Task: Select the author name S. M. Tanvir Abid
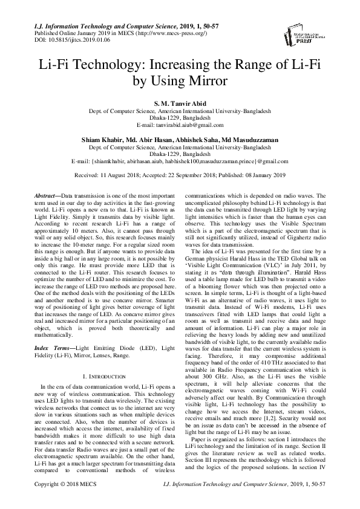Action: point(180,104)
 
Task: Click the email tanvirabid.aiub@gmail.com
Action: point(180,125)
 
